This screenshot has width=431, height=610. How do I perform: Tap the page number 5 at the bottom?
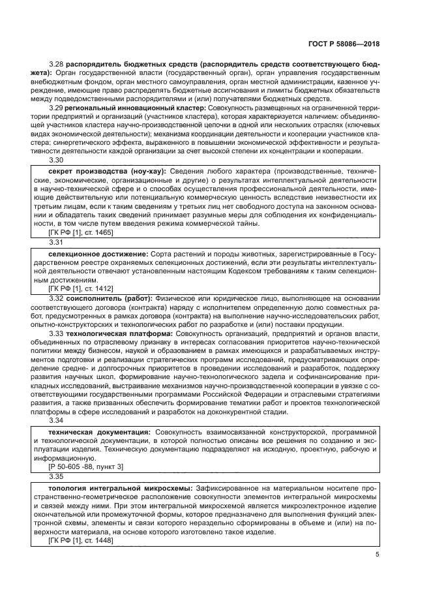[x=378, y=555]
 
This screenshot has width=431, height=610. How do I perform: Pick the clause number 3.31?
[x=57, y=241]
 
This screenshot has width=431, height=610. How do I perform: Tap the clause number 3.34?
[x=57, y=419]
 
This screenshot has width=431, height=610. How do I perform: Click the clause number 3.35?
[x=57, y=477]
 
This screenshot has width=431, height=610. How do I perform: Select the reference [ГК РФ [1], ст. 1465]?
[x=81, y=233]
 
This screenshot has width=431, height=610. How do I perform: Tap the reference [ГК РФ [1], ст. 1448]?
[x=81, y=541]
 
